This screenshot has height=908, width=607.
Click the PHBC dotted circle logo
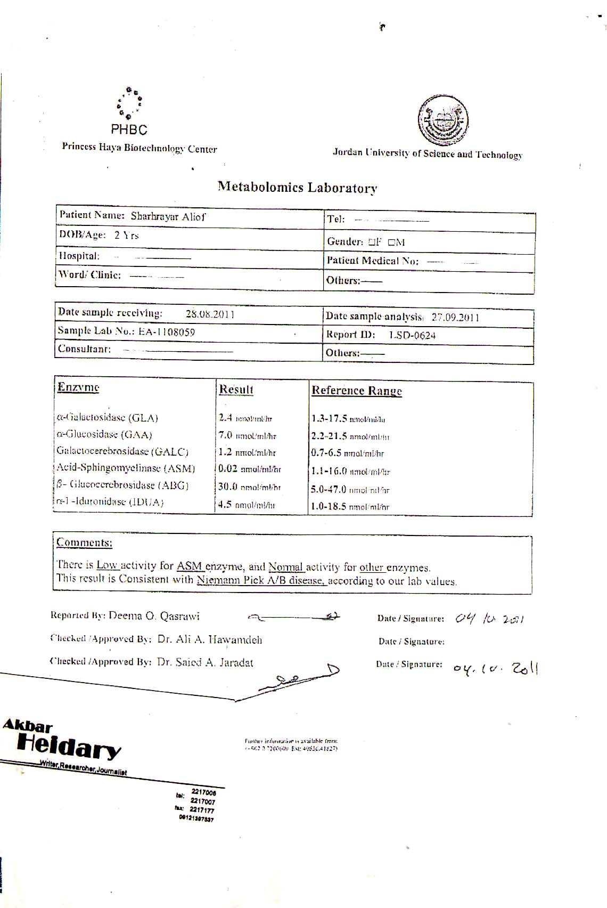click(x=129, y=102)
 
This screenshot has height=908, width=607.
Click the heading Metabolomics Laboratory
click(x=297, y=188)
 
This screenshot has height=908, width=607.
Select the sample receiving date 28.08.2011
click(x=210, y=314)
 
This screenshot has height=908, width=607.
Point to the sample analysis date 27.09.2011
click(x=455, y=318)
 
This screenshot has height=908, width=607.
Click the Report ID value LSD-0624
click(x=412, y=335)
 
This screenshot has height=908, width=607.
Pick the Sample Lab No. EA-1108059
click(x=167, y=332)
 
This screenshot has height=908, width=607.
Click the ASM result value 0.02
click(x=228, y=469)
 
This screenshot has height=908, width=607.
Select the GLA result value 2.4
click(x=225, y=418)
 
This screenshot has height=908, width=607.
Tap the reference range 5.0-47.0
click(x=329, y=489)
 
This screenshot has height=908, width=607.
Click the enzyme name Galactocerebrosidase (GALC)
click(x=122, y=452)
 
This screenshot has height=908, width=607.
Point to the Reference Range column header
click(x=356, y=391)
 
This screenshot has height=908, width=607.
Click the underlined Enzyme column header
click(x=78, y=387)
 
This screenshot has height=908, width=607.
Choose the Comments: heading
click(x=84, y=542)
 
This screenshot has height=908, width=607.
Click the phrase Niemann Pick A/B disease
click(x=260, y=580)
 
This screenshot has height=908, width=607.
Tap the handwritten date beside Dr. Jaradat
click(x=496, y=668)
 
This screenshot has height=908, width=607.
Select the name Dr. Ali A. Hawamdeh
click(x=210, y=639)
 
